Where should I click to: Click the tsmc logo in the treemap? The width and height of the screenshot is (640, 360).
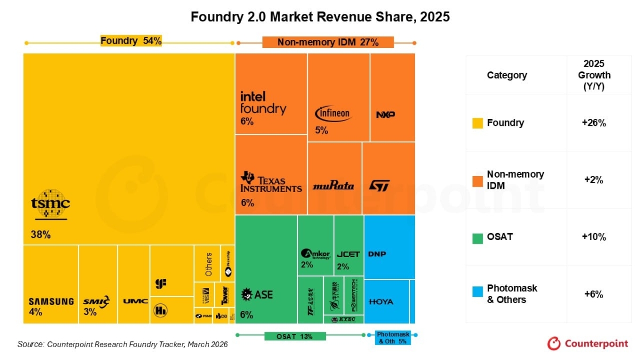pyautogui.click(x=50, y=204)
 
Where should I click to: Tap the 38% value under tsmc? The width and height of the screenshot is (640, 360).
pyautogui.click(x=40, y=234)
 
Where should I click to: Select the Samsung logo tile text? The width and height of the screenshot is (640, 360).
pyautogui.click(x=51, y=301)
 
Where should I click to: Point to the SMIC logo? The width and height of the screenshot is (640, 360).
pyautogui.click(x=97, y=301)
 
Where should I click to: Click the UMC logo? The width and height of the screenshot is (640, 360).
pyautogui.click(x=132, y=301)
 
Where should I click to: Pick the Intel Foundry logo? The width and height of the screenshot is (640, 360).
pyautogui.click(x=263, y=102)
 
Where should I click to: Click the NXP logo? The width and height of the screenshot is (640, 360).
pyautogui.click(x=385, y=115)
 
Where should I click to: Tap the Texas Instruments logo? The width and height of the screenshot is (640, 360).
pyautogui.click(x=271, y=182)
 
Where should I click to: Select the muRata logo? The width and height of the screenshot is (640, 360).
pyautogui.click(x=333, y=186)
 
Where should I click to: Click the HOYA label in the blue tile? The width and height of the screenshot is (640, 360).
pyautogui.click(x=381, y=302)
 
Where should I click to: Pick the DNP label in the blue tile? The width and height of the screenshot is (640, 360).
pyautogui.click(x=377, y=254)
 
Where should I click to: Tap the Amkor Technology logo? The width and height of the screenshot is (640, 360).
pyautogui.click(x=316, y=254)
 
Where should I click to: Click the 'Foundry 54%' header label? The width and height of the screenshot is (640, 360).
pyautogui.click(x=131, y=41)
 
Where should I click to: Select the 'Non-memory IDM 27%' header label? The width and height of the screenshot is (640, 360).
pyautogui.click(x=327, y=42)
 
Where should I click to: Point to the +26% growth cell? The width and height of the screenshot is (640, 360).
pyautogui.click(x=594, y=123)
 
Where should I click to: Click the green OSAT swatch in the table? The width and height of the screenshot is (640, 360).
pyautogui.click(x=477, y=237)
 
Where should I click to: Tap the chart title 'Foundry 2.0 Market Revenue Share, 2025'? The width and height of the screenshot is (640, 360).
pyautogui.click(x=320, y=17)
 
